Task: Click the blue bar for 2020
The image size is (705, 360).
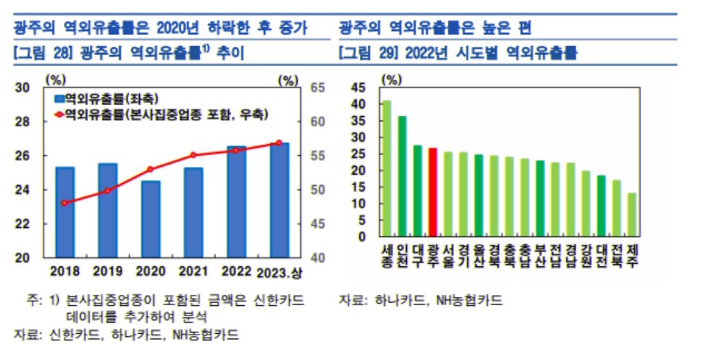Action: (151, 219)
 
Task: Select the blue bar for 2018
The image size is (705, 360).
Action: (65, 212)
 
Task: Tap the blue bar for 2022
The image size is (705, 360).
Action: (237, 202)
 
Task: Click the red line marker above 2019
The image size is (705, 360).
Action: (108, 191)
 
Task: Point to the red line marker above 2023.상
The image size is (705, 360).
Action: (279, 143)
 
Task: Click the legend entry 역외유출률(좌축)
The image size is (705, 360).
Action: (100, 99)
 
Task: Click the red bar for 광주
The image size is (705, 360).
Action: (432, 192)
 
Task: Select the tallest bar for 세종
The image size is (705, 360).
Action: (387, 168)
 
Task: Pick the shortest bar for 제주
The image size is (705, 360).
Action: (632, 215)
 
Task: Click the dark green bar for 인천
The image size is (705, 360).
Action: (402, 176)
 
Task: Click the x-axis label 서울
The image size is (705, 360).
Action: (448, 254)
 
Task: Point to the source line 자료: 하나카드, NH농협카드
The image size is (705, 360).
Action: (420, 300)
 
